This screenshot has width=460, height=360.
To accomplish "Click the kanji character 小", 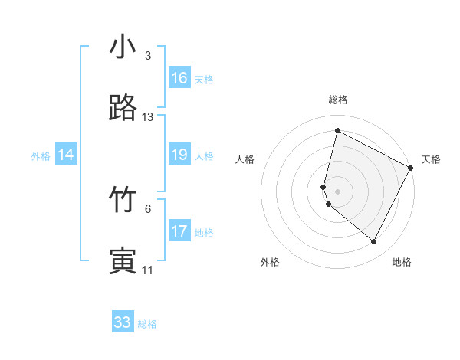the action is [x=123, y=47].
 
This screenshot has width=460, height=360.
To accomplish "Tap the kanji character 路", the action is [x=123, y=109].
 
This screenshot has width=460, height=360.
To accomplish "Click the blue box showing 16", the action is [x=179, y=78].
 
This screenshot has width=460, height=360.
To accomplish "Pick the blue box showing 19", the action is [x=179, y=155].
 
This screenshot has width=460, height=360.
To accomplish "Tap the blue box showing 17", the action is [x=179, y=231].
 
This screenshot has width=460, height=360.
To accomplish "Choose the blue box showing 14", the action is [x=66, y=155].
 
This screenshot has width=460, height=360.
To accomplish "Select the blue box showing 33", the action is [x=123, y=322].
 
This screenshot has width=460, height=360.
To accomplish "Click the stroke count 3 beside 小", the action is [x=148, y=56].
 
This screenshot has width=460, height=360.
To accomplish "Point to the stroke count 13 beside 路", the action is [x=148, y=117].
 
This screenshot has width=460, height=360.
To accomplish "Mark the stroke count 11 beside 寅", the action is [x=148, y=270].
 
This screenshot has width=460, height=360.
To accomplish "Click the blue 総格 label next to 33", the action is [x=147, y=324].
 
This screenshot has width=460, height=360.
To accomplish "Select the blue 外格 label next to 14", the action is [x=41, y=155].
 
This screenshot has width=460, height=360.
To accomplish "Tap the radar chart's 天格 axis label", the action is [x=431, y=159].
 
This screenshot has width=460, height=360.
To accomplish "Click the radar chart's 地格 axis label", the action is [x=402, y=262].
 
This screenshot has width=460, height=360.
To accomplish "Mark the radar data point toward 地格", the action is [x=373, y=242].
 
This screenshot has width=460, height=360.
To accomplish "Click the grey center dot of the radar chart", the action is [x=337, y=191].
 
